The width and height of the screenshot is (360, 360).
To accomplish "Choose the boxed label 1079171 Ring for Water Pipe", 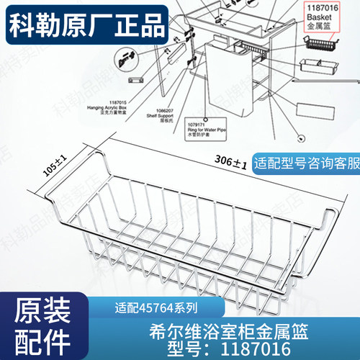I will (204, 129).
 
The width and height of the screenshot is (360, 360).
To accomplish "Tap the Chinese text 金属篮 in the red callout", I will (316, 24).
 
